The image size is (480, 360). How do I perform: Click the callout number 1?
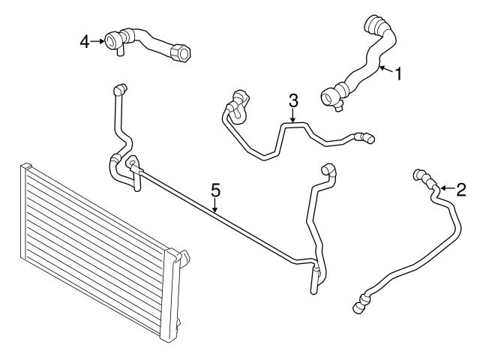click(x=399, y=74)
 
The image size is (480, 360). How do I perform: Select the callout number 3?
click(x=293, y=100)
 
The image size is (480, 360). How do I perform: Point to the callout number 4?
click(x=85, y=41)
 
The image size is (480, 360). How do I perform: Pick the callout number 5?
click(x=215, y=190)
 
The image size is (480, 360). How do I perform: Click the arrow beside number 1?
click(x=385, y=70)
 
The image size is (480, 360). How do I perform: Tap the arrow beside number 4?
click(x=99, y=41)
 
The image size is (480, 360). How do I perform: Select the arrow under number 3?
click(x=293, y=116)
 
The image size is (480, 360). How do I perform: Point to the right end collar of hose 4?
click(x=180, y=54)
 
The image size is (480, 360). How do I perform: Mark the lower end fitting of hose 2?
click(x=360, y=303)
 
